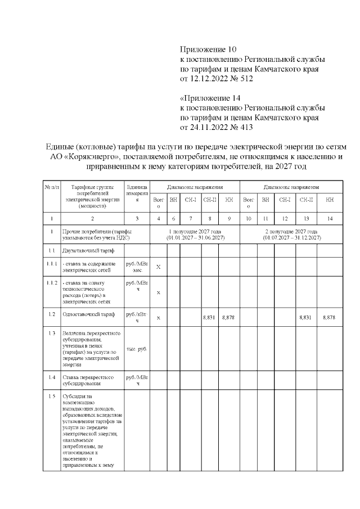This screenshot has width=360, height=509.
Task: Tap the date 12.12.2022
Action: coord(210,79)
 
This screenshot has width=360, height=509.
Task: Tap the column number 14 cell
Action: coord(329,218)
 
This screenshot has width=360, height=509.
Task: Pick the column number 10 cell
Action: coord(248,218)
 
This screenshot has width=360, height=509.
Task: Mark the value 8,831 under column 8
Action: coord(209,318)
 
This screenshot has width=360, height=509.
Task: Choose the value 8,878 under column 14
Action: coord(329,318)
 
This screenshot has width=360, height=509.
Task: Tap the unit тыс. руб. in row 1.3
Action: coord(137,349)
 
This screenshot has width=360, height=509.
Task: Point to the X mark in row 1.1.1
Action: coord(158,267)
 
